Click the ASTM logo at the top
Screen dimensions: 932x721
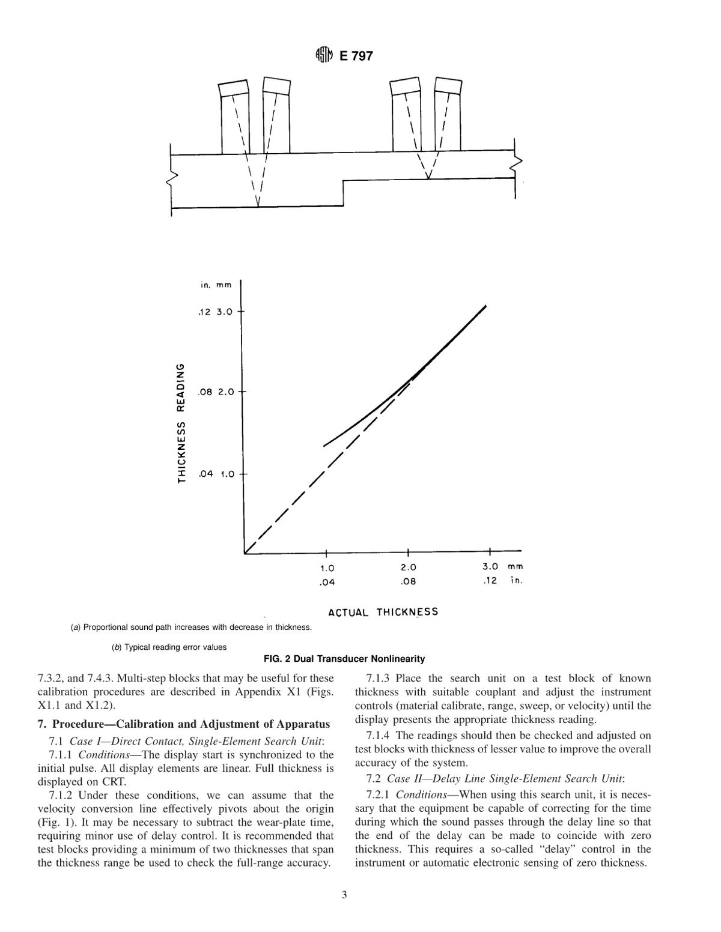(x=324, y=56)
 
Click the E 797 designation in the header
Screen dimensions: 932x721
(x=356, y=56)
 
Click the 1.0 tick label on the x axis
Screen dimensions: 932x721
(x=327, y=567)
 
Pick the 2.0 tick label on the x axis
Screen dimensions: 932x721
(x=408, y=567)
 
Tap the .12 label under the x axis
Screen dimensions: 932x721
(x=490, y=581)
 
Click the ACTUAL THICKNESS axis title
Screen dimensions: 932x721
(x=383, y=612)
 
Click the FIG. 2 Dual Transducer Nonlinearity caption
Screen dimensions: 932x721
(x=344, y=659)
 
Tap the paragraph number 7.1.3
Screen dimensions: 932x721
(x=377, y=679)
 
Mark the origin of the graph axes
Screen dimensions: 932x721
(x=244, y=552)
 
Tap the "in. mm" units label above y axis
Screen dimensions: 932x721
(x=215, y=285)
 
